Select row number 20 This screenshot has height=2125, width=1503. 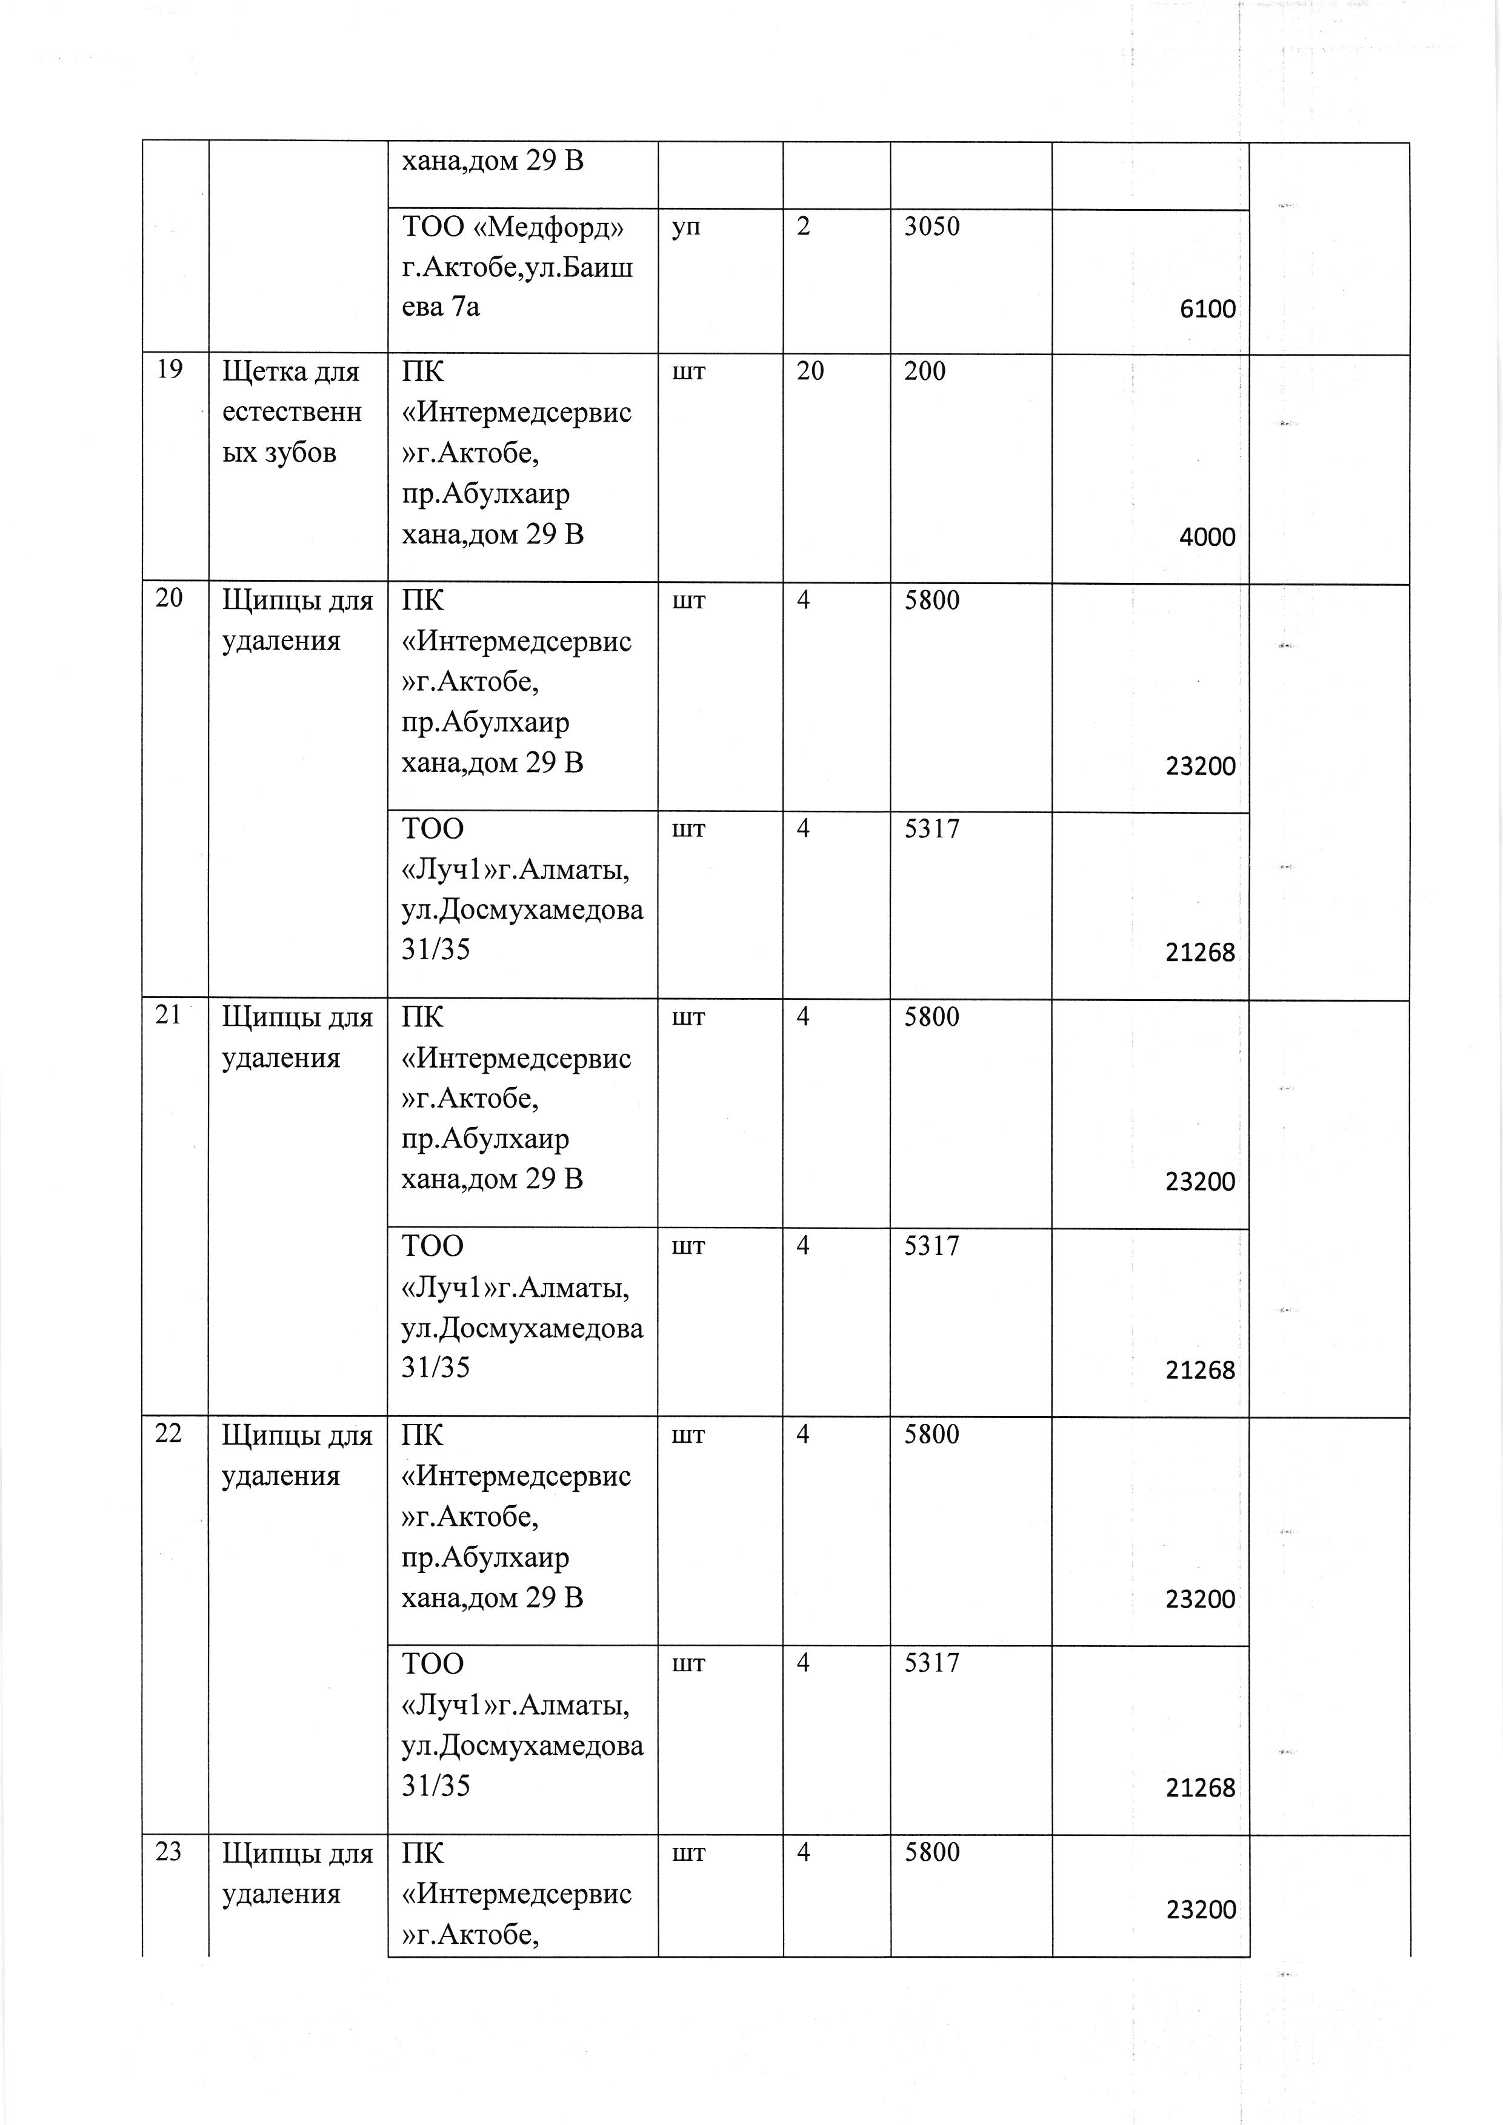click(169, 599)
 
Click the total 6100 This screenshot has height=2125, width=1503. click(1207, 309)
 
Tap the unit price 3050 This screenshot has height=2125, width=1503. click(932, 227)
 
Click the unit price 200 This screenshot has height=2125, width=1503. click(925, 371)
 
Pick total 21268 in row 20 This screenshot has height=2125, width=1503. click(1201, 953)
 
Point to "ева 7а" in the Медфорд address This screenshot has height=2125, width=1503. click(441, 307)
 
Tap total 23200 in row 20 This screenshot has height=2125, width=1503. click(1201, 767)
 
